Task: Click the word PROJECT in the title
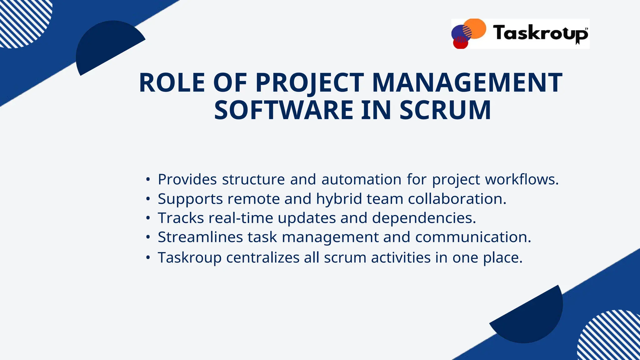coord(309,83)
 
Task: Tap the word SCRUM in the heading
coord(445,110)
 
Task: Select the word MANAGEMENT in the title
coord(467,83)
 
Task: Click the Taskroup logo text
coord(540,33)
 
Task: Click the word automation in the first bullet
coord(361,179)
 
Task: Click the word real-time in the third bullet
coord(241,218)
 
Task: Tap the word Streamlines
coord(200,237)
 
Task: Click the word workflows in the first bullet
coord(521,179)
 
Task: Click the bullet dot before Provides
coord(148,180)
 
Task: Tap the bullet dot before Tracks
coord(148,218)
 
